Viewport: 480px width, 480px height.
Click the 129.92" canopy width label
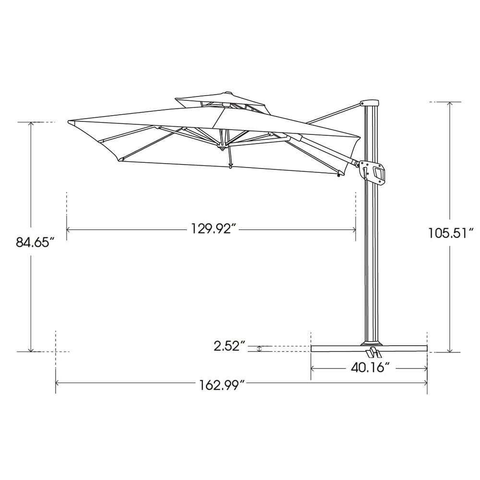point(213,229)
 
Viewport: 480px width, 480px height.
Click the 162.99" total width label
point(222,384)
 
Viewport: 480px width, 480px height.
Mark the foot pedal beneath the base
point(373,354)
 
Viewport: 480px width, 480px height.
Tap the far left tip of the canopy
point(69,121)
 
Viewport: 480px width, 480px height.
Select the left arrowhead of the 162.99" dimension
point(58,383)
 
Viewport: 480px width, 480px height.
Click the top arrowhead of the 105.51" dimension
point(450,104)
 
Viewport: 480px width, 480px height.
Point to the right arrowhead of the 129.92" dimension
point(353,230)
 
